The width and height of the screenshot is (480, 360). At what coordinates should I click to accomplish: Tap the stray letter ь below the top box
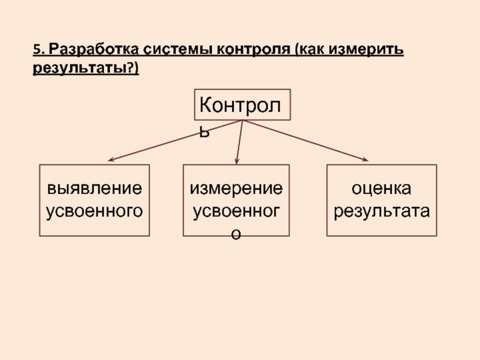(x=205, y=131)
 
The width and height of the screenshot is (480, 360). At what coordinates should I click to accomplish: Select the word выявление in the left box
(x=95, y=189)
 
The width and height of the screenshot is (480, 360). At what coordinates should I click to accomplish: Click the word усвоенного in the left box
(x=95, y=211)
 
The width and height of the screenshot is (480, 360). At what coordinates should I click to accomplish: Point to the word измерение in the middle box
(x=236, y=189)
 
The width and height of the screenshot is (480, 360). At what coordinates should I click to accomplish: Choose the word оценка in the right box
(x=382, y=189)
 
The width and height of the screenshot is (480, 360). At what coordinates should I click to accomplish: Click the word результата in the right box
(x=382, y=211)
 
